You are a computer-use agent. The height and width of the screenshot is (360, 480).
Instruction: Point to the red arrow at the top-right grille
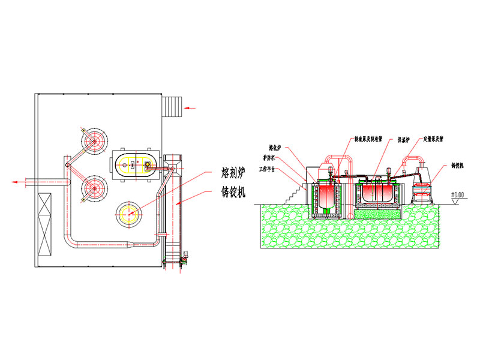coord(191,108)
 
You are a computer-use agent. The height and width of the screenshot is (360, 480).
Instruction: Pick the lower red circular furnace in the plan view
coord(94,187)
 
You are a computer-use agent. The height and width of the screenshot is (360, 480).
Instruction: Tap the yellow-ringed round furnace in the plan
coord(130,214)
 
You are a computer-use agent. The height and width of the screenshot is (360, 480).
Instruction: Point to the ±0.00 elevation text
coord(458,194)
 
